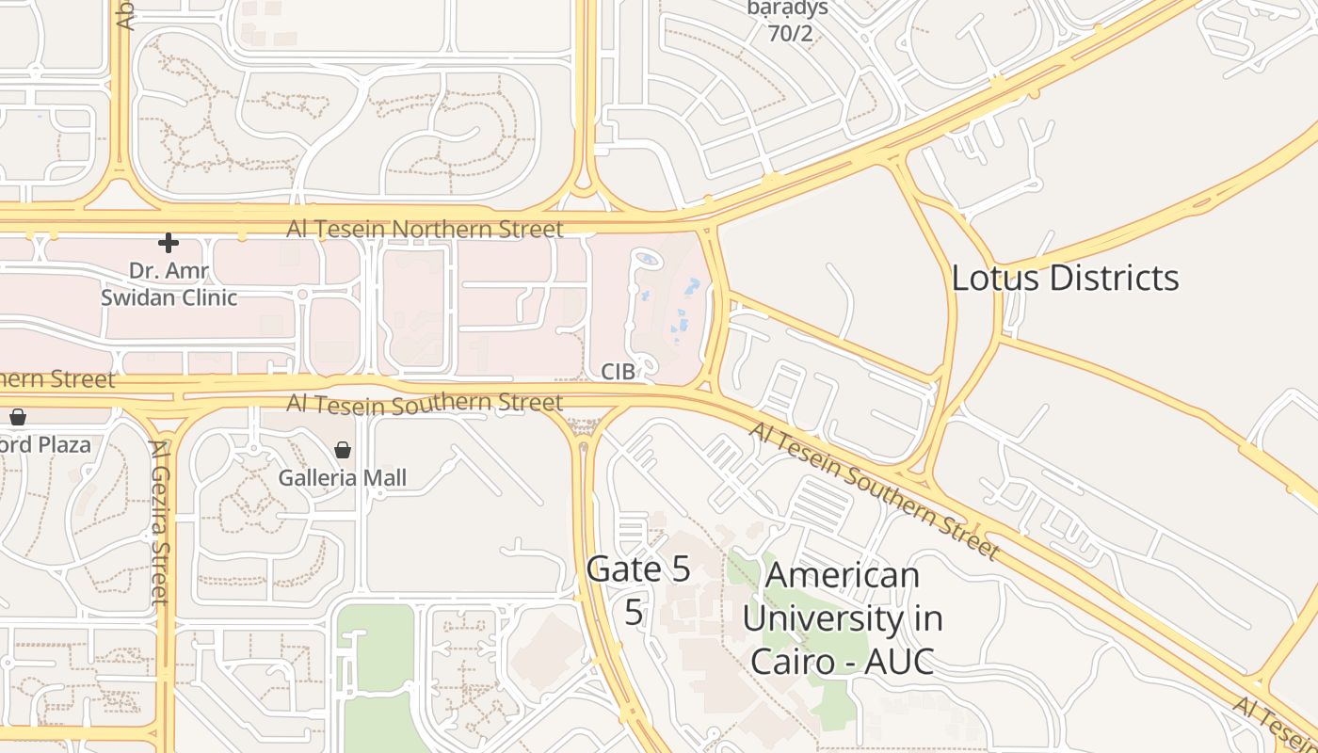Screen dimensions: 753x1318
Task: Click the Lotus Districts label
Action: (x=1065, y=278)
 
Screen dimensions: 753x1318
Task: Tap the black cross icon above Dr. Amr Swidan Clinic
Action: (x=169, y=243)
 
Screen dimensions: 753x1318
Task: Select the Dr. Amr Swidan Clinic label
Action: (x=169, y=284)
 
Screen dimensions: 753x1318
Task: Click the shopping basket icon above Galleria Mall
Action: (x=343, y=450)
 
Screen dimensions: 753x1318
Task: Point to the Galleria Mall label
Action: (x=343, y=478)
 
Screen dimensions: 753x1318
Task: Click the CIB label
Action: (x=619, y=372)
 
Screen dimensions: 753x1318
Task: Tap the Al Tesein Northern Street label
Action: (x=426, y=229)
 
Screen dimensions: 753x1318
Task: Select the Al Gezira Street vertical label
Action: (x=159, y=522)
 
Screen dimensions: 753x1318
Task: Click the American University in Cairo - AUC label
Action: (x=843, y=617)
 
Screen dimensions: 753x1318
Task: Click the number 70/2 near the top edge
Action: (x=789, y=35)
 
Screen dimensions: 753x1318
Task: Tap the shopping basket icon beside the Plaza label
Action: (x=18, y=417)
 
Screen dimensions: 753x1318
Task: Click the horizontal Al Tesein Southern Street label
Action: (x=425, y=404)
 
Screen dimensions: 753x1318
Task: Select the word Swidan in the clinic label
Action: (x=141, y=297)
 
